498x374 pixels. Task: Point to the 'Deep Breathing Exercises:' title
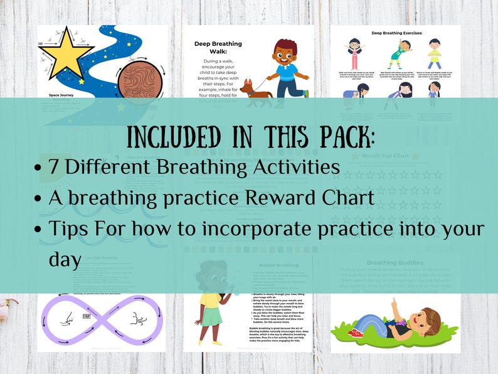coord(395,33)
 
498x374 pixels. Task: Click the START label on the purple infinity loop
coord(87,316)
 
